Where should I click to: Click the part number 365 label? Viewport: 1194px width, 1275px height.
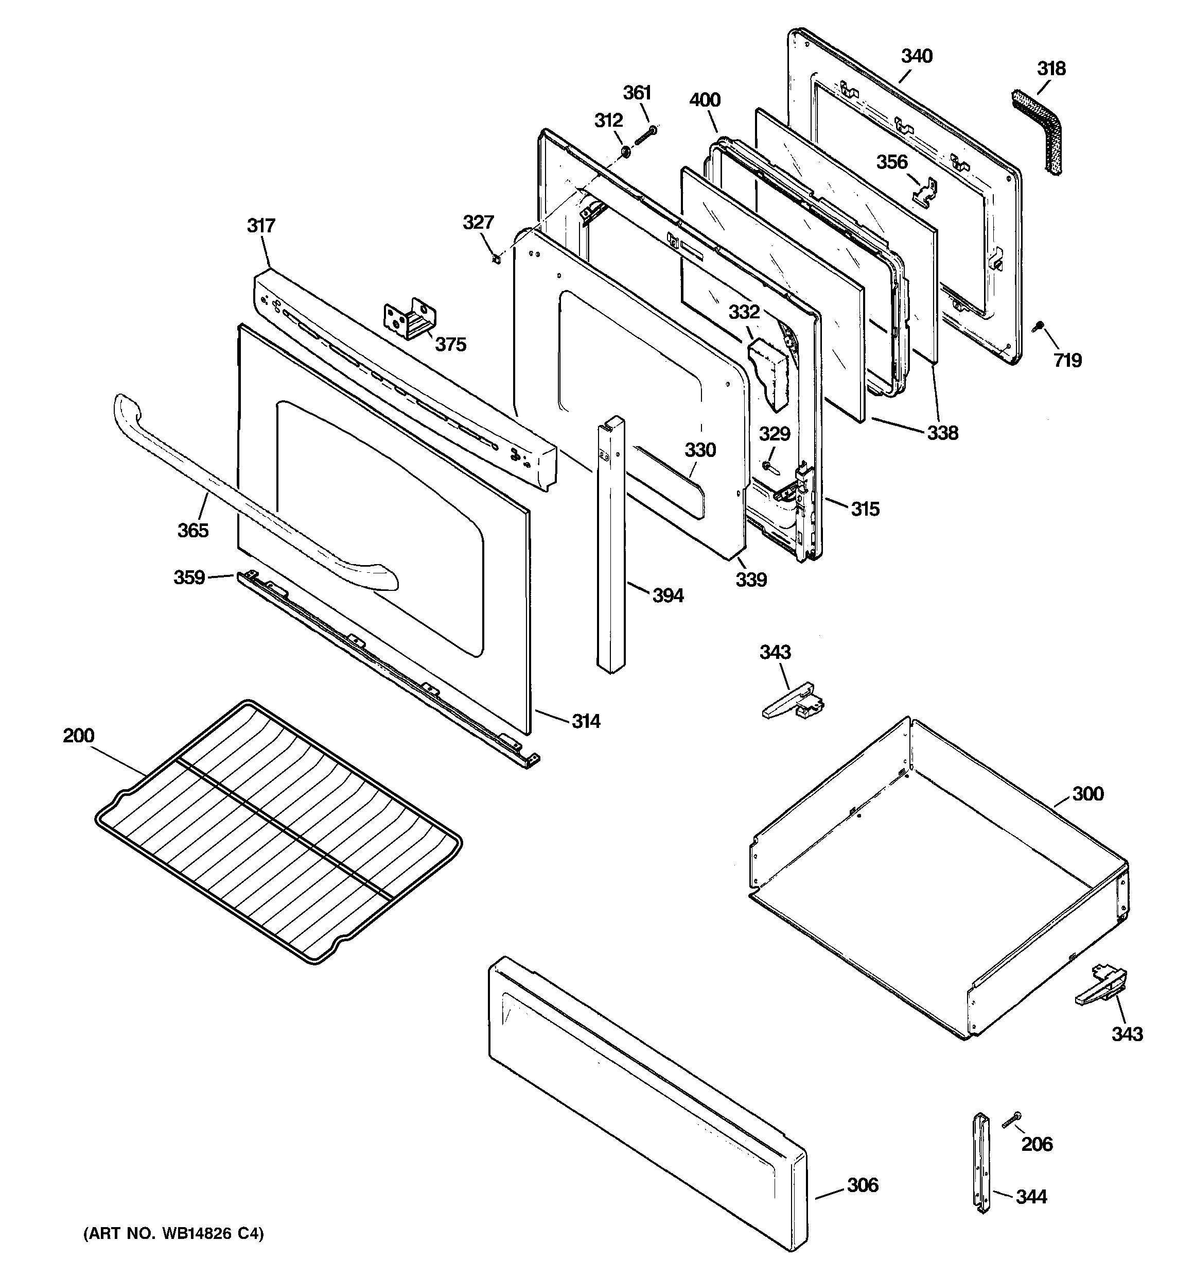pyautogui.click(x=193, y=531)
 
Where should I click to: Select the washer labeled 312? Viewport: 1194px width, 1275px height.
pyautogui.click(x=624, y=152)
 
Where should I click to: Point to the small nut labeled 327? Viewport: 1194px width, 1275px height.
pyautogui.click(x=496, y=259)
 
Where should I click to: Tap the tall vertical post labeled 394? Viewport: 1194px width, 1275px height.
pyautogui.click(x=611, y=545)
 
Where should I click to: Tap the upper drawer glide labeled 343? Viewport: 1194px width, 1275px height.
pyautogui.click(x=793, y=701)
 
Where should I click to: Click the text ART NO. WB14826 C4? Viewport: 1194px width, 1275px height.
pyautogui.click(x=173, y=1234)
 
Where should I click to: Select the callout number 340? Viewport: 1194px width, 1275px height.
pyautogui.click(x=917, y=57)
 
